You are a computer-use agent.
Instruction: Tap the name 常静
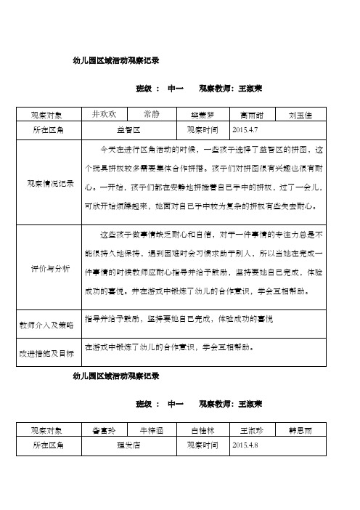[x=152, y=114]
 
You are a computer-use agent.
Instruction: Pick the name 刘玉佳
[x=300, y=115]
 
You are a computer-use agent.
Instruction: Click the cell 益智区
[x=128, y=130]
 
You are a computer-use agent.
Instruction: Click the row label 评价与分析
[x=50, y=269]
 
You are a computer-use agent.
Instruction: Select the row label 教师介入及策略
[x=50, y=324]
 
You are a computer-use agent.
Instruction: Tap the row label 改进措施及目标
[x=50, y=353]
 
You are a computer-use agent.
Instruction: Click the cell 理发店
[x=128, y=444]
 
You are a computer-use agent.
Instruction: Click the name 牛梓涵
[x=152, y=429]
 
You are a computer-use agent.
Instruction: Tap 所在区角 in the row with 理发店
[x=49, y=444]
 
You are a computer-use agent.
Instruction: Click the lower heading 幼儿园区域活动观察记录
[x=117, y=377]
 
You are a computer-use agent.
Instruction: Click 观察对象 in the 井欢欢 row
[x=49, y=115]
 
